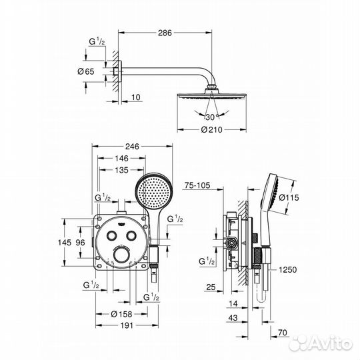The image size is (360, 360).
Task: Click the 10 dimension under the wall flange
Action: (x=135, y=98)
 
